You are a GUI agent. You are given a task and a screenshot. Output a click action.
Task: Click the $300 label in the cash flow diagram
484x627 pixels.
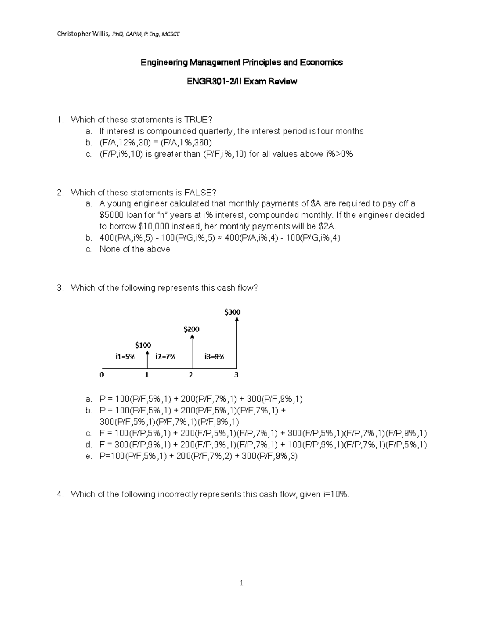pos(232,312)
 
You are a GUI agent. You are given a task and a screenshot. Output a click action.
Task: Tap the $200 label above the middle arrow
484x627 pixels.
pos(191,329)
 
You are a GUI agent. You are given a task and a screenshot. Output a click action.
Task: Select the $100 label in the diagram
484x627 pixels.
pos(143,345)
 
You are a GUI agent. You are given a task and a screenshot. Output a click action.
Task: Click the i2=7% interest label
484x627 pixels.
pos(165,356)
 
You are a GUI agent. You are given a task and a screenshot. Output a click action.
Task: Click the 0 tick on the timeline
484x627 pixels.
pos(102,375)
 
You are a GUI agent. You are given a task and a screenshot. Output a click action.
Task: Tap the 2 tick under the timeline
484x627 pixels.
pos(191,375)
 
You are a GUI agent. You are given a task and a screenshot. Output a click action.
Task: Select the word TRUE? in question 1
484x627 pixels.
pos(198,120)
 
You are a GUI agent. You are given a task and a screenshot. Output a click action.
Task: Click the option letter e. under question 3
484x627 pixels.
pos(89,456)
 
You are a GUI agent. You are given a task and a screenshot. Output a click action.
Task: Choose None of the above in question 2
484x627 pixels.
pos(135,249)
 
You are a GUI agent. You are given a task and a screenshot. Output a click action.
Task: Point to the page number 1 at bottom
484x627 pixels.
pos(242,583)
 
